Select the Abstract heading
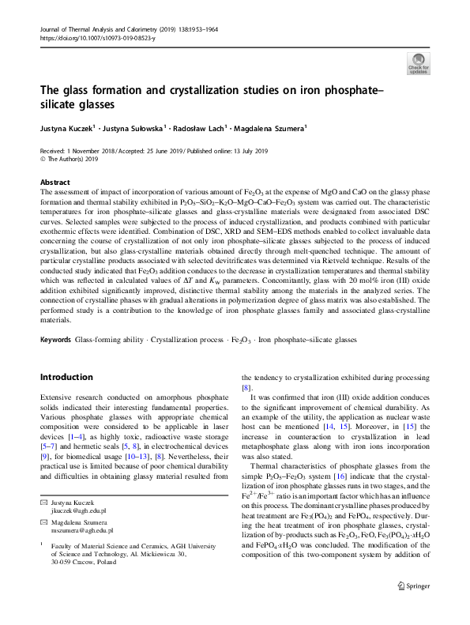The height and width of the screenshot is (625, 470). point(55,182)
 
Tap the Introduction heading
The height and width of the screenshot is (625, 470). point(66,377)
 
